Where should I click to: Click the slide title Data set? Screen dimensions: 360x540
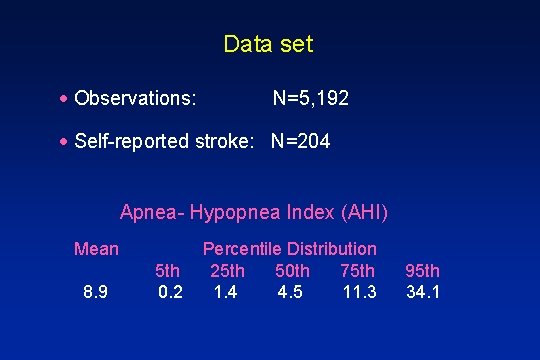[268, 44]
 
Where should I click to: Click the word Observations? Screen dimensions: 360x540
[134, 99]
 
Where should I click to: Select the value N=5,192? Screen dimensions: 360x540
[311, 99]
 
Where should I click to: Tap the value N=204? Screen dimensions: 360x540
[300, 142]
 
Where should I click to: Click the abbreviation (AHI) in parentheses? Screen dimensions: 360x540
[364, 212]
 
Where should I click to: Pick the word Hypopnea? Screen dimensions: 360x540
[236, 212]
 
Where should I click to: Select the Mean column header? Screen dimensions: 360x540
[96, 248]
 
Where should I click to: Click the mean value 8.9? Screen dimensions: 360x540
[96, 292]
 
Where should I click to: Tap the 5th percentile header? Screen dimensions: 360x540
[168, 270]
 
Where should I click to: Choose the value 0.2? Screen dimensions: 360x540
[170, 292]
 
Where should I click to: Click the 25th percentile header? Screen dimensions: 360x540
[227, 270]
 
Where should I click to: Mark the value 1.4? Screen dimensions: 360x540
[227, 292]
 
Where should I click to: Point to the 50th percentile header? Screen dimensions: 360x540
[292, 270]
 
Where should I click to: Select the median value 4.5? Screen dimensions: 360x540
[292, 292]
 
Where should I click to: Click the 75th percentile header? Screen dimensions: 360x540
[358, 270]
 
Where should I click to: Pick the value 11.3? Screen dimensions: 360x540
[359, 292]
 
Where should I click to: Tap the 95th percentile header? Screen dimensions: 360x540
[423, 270]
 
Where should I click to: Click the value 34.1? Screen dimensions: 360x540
[423, 292]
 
